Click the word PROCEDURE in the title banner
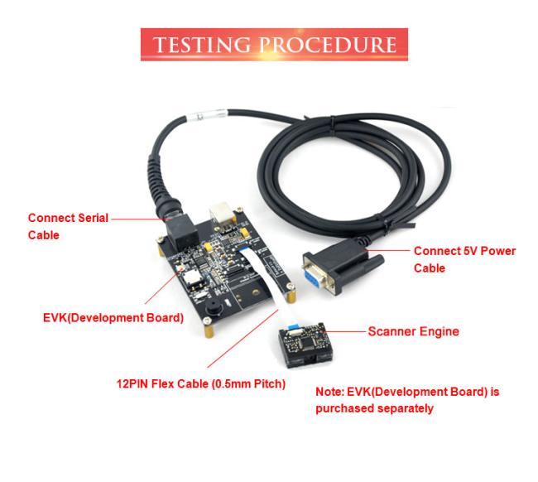click(x=329, y=44)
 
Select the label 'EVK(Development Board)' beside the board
click(x=113, y=317)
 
